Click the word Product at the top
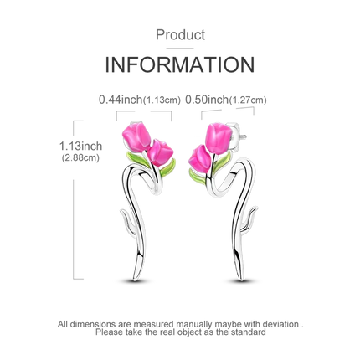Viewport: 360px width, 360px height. click(180, 35)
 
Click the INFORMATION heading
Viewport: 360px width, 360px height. click(180, 64)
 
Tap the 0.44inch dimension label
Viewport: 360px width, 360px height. click(121, 100)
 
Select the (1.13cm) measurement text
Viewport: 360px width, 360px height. click(162, 100)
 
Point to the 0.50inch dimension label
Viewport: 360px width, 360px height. click(207, 100)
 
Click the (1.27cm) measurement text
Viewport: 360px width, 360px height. click(248, 100)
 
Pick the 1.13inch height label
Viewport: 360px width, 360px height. click(80, 146)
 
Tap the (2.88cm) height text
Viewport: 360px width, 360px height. click(80, 158)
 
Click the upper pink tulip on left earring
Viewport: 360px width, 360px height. click(136, 136)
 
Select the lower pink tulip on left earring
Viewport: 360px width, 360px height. click(160, 153)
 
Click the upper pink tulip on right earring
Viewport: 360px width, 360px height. click(219, 138)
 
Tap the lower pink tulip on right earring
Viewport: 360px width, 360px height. click(199, 159)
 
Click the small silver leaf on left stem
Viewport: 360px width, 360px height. click(128, 221)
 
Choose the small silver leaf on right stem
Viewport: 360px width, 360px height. click(249, 219)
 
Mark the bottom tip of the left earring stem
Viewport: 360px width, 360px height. click(134, 280)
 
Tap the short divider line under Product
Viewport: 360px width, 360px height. click(180, 49)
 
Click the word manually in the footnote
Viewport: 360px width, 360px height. click(193, 325)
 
